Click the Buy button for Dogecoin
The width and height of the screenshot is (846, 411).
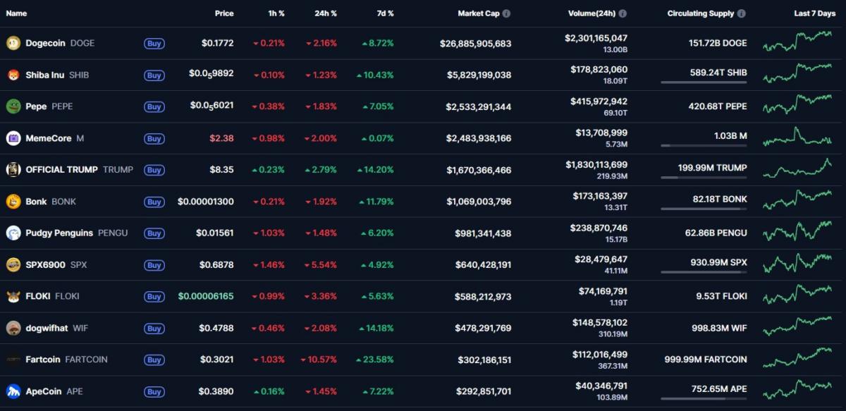pos(154,44)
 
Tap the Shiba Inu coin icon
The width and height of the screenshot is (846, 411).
pos(13,75)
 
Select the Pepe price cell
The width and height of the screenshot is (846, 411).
pos(211,106)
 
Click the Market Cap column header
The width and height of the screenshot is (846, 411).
pos(478,13)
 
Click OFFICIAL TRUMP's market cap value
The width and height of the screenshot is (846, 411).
pos(479,170)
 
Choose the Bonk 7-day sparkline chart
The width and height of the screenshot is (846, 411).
pos(797,200)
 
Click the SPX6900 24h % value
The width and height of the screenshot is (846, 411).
pos(321,265)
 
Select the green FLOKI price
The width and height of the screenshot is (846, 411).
pos(206,297)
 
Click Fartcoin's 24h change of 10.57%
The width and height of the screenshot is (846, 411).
pos(319,360)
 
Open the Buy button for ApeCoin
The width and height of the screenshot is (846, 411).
pos(154,392)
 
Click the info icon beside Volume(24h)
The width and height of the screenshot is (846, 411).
pos(623,13)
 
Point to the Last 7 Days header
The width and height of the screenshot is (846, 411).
pos(814,13)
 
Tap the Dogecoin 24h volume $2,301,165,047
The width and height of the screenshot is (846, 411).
pos(596,38)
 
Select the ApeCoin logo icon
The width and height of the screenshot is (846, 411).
pos(13,391)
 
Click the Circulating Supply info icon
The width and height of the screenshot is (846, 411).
pos(741,13)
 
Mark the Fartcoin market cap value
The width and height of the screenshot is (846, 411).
pos(483,360)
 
